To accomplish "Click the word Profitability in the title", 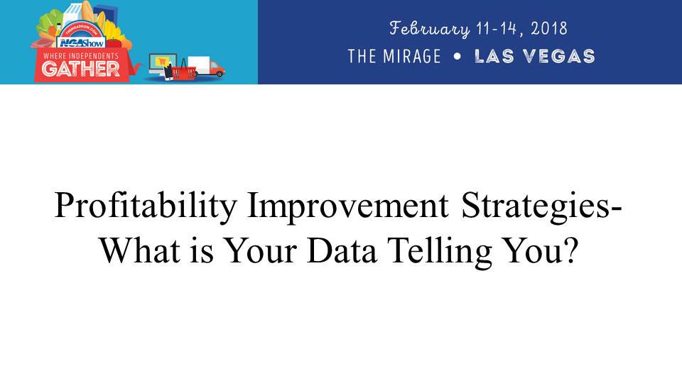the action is point(146,206).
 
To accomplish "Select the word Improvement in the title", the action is point(347,206).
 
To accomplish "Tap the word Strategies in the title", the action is point(536,206).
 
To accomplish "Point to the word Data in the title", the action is point(342,250).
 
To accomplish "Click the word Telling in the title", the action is point(440,252).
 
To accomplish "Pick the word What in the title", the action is point(140,250).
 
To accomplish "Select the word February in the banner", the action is point(430,29).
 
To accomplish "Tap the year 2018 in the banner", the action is point(549,28).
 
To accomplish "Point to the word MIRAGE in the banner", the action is point(412,57).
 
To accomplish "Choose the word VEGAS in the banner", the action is point(558,57).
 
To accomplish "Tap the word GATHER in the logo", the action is point(81,69).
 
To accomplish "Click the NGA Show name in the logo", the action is point(81,43).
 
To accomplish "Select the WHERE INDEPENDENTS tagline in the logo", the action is point(81,55).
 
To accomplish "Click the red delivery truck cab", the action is point(216,69).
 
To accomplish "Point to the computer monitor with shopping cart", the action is point(163,63).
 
